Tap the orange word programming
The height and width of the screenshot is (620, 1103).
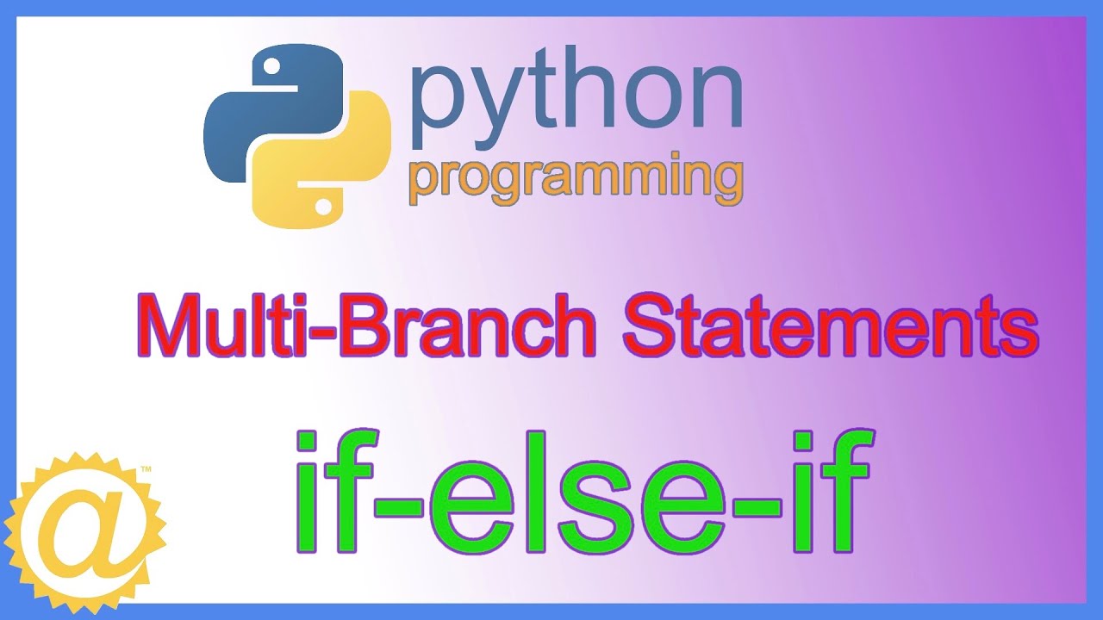[576, 177]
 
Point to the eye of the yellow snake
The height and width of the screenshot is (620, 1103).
[323, 207]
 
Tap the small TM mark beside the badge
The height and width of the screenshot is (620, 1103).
[146, 470]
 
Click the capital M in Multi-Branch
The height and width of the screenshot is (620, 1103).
[169, 326]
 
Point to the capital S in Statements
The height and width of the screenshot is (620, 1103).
[648, 326]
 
